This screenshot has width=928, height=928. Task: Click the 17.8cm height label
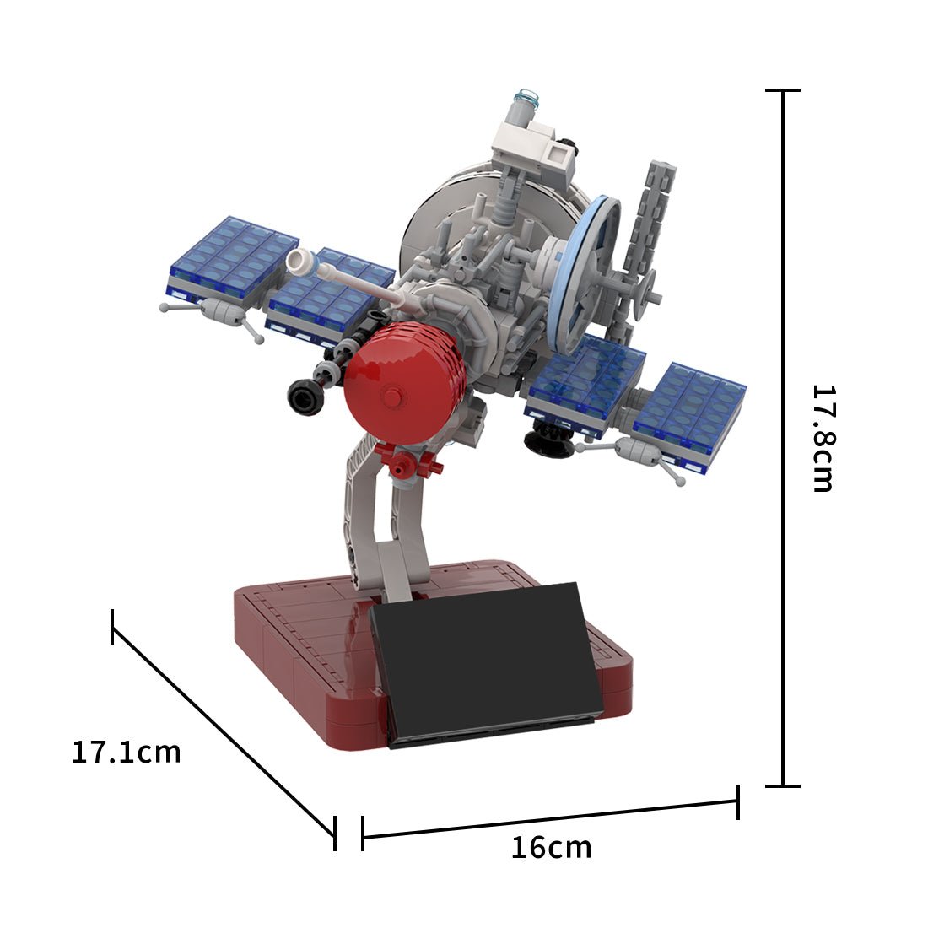(823, 438)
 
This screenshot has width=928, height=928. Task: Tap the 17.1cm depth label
(126, 752)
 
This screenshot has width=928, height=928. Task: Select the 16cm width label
(551, 847)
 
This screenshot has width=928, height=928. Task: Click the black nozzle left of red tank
(305, 397)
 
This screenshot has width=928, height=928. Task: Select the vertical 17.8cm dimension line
(784, 438)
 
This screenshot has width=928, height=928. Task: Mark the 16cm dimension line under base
(550, 818)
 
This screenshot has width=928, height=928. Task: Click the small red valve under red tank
(408, 463)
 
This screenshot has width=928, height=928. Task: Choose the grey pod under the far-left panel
(221, 312)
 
